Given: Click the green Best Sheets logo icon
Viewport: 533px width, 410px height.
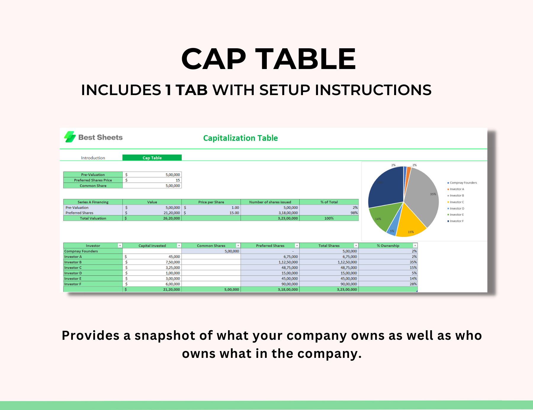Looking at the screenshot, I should tap(70, 137).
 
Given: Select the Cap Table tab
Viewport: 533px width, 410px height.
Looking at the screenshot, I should tap(152, 158).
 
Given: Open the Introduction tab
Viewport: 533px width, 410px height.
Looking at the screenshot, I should tap(93, 158).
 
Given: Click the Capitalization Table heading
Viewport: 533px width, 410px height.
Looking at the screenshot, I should tap(240, 138).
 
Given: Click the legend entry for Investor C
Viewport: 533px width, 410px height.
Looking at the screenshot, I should tap(457, 202).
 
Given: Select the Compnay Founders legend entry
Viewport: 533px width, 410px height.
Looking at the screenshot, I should tap(463, 183).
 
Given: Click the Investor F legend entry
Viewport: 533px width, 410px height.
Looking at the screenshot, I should tap(457, 221).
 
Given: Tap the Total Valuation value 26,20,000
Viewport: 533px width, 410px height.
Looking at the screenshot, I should tap(171, 218).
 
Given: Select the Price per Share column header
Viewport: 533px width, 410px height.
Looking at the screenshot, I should tap(211, 202).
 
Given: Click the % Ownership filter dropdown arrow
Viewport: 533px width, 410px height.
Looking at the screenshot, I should tap(415, 246).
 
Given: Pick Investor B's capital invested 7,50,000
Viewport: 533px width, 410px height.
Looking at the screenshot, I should tap(173, 262).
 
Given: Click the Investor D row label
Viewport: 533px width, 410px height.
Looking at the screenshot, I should tap(73, 273).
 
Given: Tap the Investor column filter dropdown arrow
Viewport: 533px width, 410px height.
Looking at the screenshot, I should tap(120, 246).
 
